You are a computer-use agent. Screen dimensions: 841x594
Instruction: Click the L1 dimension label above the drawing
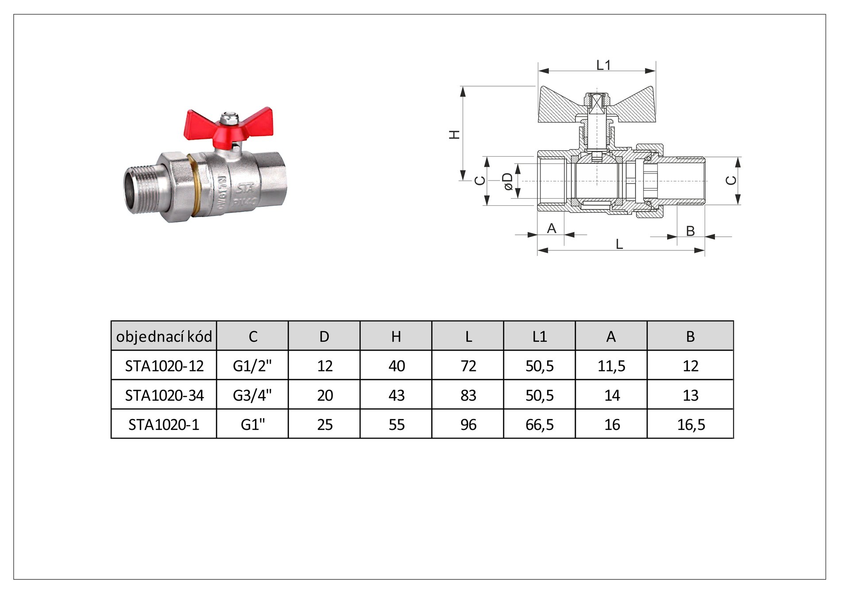[x=603, y=65]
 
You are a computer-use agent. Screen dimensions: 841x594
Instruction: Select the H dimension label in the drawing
[x=455, y=134]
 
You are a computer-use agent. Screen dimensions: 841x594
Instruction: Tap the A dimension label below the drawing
[x=552, y=228]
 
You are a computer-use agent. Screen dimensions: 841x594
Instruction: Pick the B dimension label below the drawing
[x=690, y=231]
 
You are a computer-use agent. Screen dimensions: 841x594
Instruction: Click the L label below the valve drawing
[x=619, y=244]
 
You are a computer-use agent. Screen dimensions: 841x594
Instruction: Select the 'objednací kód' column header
[x=164, y=337]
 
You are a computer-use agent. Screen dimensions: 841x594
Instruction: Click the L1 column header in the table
[x=540, y=337]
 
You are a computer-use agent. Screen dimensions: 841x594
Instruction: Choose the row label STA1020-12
[x=164, y=366]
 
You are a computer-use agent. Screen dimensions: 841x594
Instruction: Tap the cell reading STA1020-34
[x=164, y=395]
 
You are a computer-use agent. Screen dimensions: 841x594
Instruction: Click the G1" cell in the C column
[x=253, y=424]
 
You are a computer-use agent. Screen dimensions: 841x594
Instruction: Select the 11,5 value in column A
[x=611, y=366]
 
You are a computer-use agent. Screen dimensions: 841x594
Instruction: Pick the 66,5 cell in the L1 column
[x=540, y=425]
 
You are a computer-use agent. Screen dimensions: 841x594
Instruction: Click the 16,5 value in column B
[x=691, y=425]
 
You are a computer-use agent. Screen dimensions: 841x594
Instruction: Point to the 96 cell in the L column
[x=468, y=425]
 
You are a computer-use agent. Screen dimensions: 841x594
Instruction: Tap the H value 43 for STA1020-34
[x=397, y=395]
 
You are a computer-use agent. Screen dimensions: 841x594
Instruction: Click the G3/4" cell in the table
[x=252, y=395]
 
